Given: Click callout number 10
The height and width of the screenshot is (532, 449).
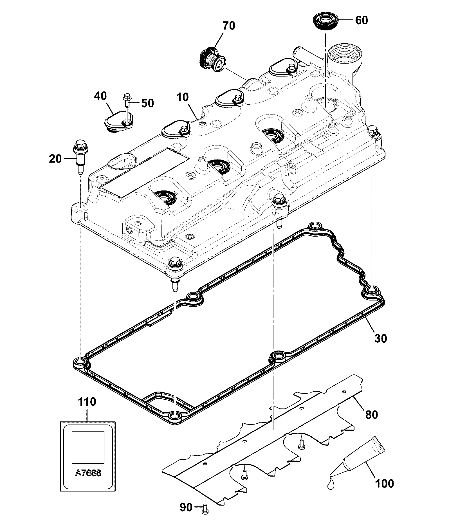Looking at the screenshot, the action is point(183,97).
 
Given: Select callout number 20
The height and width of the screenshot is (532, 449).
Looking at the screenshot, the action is point(55,159).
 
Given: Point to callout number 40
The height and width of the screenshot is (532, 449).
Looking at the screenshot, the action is point(100,96).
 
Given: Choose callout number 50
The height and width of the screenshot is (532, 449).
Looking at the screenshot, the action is point(147,103).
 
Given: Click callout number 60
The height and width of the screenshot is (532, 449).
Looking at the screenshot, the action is point(362,20).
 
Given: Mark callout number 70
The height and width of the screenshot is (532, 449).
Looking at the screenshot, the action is point(229,26).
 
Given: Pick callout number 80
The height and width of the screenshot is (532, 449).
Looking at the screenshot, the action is point(371,415).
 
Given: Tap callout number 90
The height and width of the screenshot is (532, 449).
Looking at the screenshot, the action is point(186,508).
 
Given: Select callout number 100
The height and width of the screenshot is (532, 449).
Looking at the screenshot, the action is point(385,484).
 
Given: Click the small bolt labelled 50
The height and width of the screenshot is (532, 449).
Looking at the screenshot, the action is point(126,100).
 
